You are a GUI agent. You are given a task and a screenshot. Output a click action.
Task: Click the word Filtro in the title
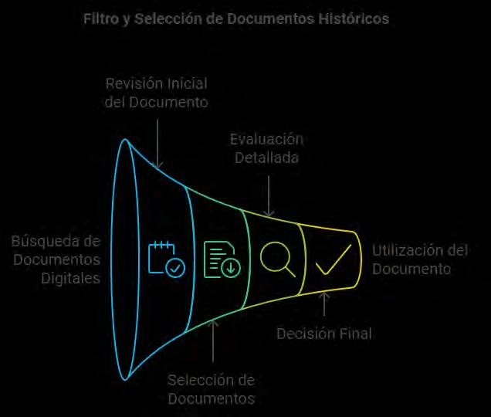click(x=102, y=18)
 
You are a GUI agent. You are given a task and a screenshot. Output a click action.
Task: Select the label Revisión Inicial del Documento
click(x=156, y=92)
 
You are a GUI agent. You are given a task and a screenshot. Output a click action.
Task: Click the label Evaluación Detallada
click(x=266, y=147)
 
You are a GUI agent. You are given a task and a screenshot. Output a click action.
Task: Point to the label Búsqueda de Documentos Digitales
click(x=56, y=259)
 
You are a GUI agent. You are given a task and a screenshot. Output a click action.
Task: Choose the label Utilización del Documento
click(x=420, y=259)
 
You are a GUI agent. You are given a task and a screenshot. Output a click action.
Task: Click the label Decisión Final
click(x=324, y=334)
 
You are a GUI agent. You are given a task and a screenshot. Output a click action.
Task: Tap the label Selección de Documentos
click(x=211, y=389)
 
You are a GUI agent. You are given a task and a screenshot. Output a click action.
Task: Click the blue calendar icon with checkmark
click(x=166, y=259)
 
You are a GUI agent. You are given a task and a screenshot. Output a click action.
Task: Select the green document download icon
click(x=222, y=259)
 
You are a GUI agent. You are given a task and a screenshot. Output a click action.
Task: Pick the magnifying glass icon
click(x=278, y=259)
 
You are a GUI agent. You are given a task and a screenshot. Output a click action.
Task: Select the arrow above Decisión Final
click(x=324, y=304)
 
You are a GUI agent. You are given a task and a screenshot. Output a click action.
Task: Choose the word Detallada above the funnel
click(x=268, y=157)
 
